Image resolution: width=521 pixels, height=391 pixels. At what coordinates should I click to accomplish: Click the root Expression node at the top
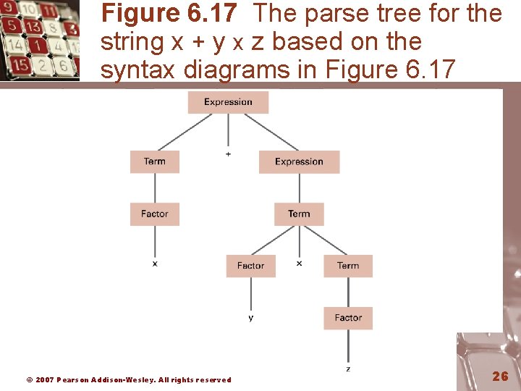pyautogui.click(x=228, y=102)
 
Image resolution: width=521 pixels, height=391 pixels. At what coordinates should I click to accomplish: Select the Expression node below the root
pyautogui.click(x=299, y=161)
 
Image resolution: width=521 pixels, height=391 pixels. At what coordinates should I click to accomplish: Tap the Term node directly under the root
pyautogui.click(x=154, y=161)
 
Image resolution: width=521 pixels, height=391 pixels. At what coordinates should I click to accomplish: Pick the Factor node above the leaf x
pyautogui.click(x=154, y=214)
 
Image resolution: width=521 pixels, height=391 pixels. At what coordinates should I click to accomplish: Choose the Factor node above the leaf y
pyautogui.click(x=250, y=266)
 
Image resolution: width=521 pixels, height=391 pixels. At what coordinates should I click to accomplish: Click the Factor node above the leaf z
pyautogui.click(x=348, y=318)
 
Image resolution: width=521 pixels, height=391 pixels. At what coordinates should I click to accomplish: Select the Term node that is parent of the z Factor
pyautogui.click(x=348, y=266)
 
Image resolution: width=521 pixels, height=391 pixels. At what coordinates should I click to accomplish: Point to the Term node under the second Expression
pyautogui.click(x=299, y=214)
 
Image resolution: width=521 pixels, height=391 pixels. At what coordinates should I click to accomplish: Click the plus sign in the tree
pyautogui.click(x=229, y=154)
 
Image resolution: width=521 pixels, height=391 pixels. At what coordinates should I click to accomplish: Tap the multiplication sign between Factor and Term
pyautogui.click(x=299, y=264)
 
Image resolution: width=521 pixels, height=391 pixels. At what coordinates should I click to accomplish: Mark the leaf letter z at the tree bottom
pyautogui.click(x=348, y=369)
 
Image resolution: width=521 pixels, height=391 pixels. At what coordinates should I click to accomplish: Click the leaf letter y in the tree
pyautogui.click(x=250, y=318)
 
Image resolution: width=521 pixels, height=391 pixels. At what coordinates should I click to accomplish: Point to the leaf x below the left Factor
pyautogui.click(x=154, y=264)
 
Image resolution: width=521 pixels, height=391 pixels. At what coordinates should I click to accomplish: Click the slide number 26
pyautogui.click(x=500, y=376)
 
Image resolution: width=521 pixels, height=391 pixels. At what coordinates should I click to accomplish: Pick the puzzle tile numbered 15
pyautogui.click(x=21, y=65)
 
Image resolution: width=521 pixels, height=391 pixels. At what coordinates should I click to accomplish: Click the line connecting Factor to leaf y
pyautogui.click(x=250, y=293)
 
